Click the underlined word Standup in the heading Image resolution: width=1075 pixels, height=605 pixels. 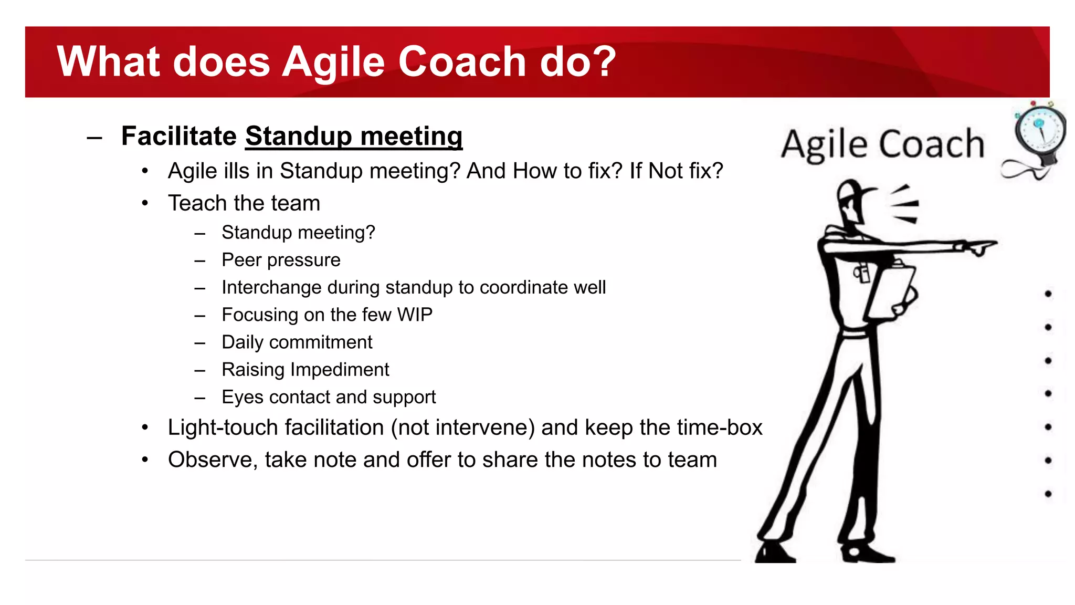[x=298, y=137]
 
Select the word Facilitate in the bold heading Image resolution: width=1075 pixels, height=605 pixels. [x=179, y=137]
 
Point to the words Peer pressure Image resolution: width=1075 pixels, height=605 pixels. [x=281, y=260]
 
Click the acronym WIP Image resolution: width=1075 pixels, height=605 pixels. [x=415, y=315]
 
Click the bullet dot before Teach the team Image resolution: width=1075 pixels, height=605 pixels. [x=145, y=203]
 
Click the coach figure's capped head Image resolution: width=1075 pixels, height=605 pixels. [x=852, y=200]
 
